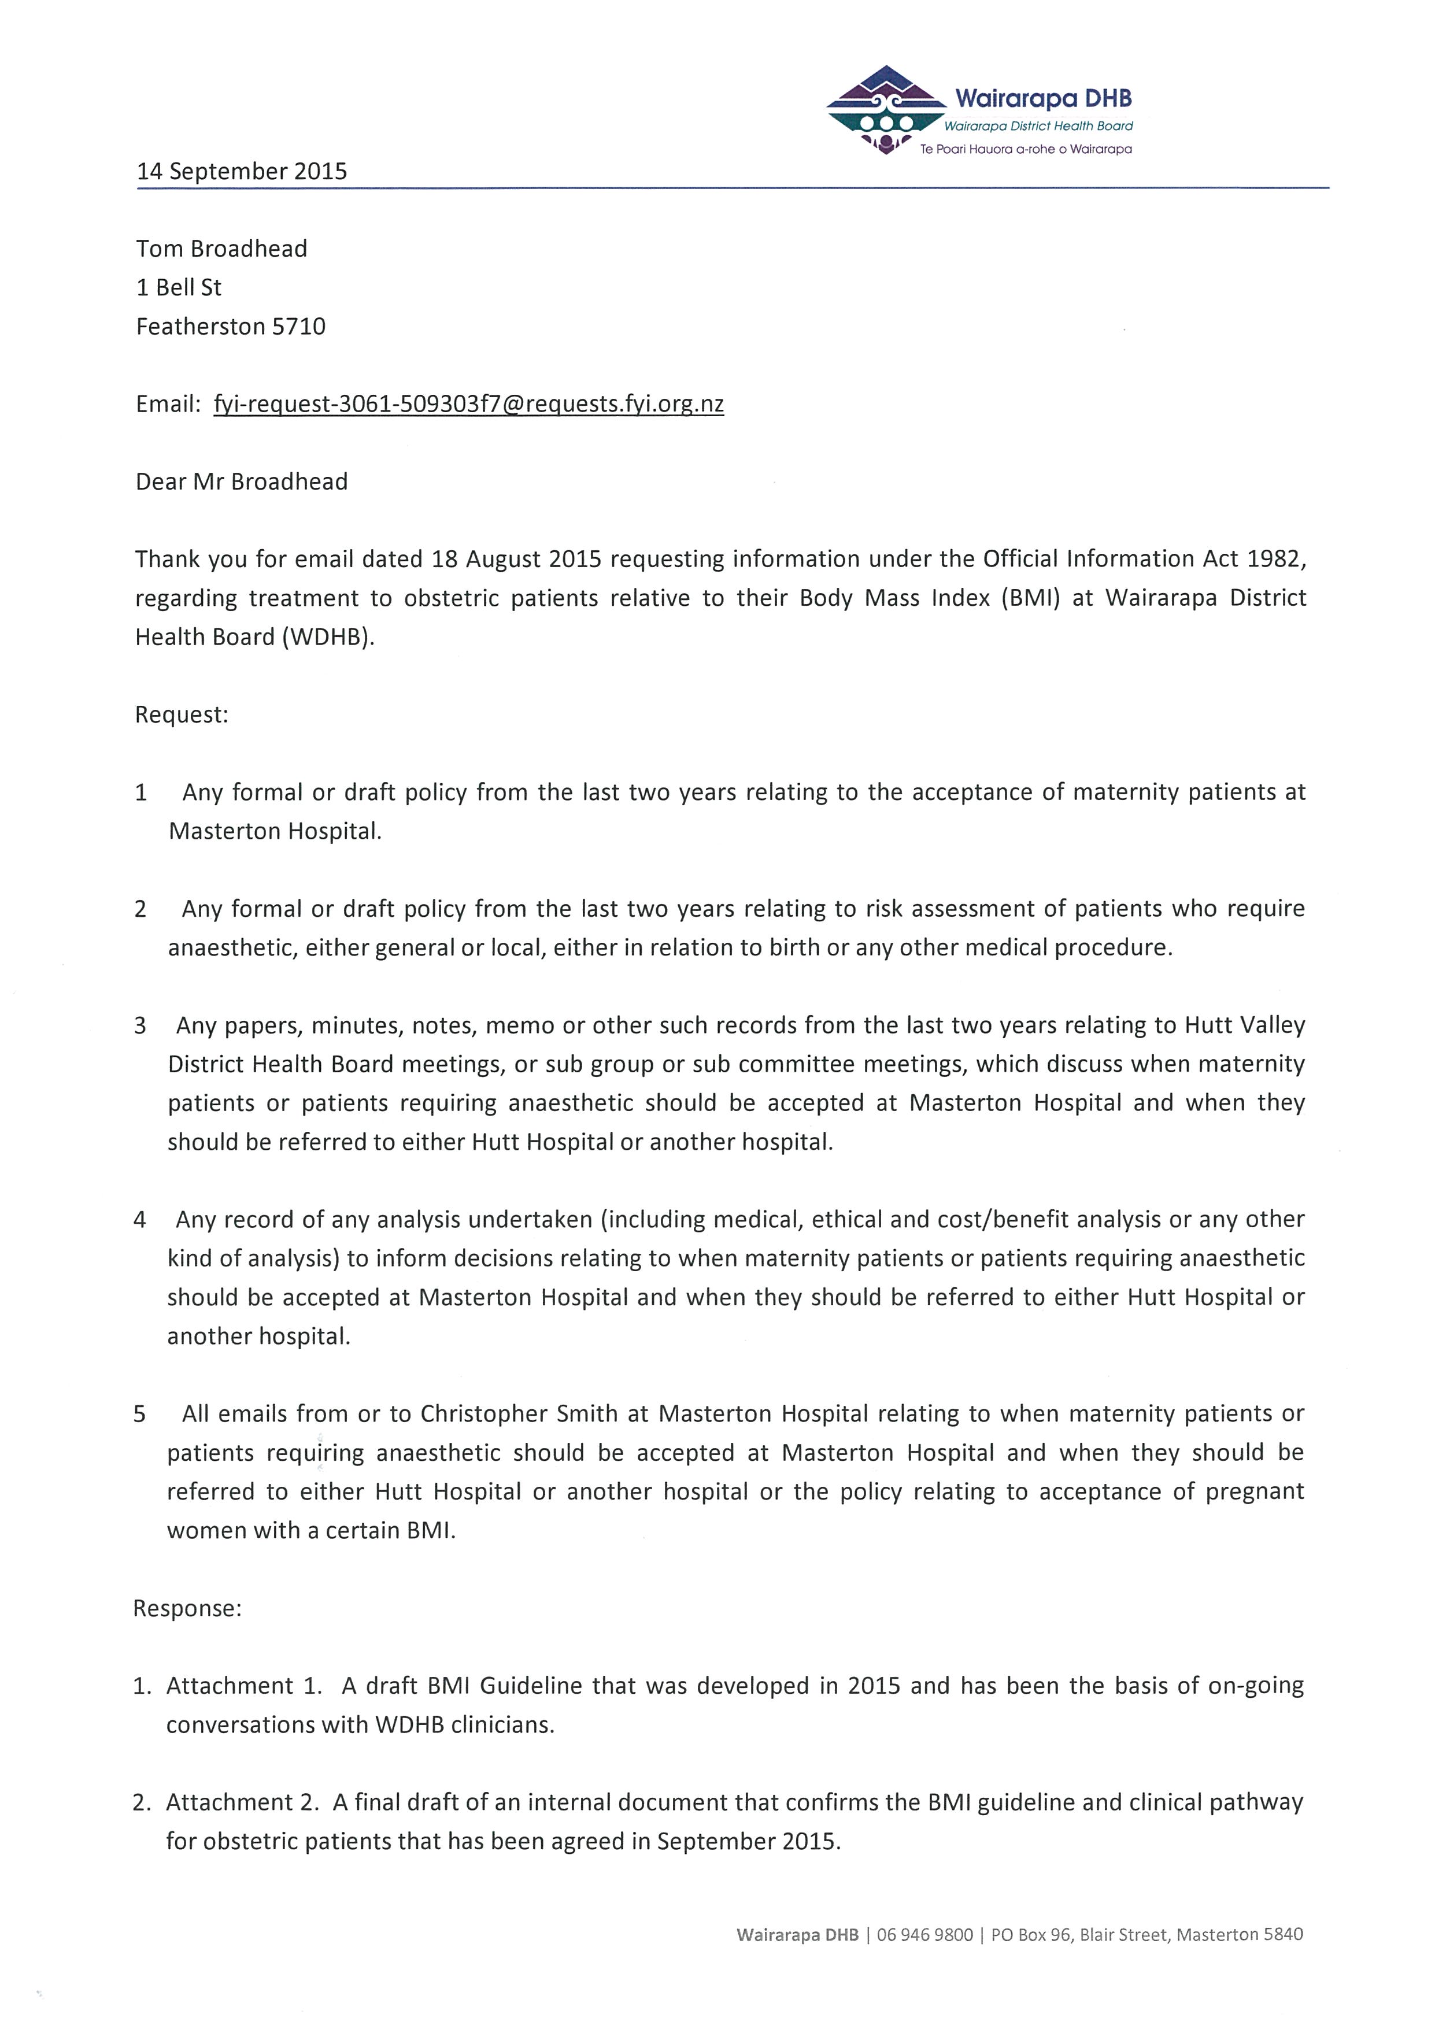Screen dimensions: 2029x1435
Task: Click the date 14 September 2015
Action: pyautogui.click(x=241, y=172)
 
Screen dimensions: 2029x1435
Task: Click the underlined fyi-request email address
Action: pyautogui.click(x=468, y=405)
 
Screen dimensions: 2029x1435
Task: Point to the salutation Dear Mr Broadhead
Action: pyautogui.click(x=241, y=482)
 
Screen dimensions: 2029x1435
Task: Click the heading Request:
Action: pyautogui.click(x=181, y=715)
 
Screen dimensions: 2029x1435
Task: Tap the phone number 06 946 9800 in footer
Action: pyautogui.click(x=924, y=1935)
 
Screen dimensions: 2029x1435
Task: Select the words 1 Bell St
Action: pyautogui.click(x=179, y=288)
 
